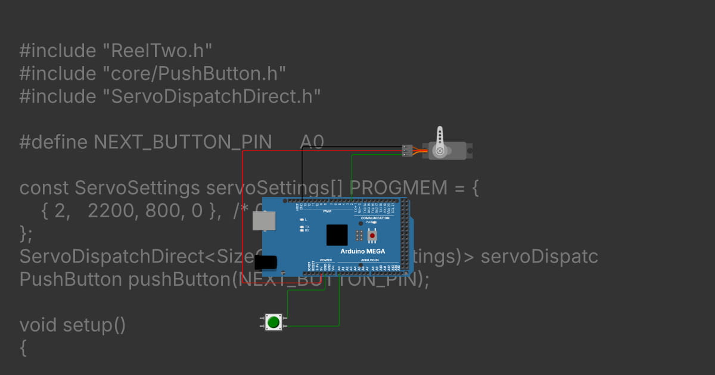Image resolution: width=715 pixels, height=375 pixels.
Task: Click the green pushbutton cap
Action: coord(273,322)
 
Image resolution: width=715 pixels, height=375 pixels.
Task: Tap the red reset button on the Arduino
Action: coord(373,236)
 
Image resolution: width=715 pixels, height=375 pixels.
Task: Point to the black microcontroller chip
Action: coord(337,235)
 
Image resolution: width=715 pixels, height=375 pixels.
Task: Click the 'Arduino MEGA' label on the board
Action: coord(362,251)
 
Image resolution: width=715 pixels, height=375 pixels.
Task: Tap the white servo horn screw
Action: coord(440,151)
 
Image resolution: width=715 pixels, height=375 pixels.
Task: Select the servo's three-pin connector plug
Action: coord(407,151)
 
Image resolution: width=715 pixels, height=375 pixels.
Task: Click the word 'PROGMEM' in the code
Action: coord(398,188)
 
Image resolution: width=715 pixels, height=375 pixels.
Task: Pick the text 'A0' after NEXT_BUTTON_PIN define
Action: coord(312,142)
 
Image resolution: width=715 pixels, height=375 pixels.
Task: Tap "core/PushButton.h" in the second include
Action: coord(194,74)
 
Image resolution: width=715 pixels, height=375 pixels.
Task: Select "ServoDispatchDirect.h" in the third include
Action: coord(212,96)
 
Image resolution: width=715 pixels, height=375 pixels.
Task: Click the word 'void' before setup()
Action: coord(39,326)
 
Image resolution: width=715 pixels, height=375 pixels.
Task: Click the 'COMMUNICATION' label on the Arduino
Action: coord(375,218)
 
